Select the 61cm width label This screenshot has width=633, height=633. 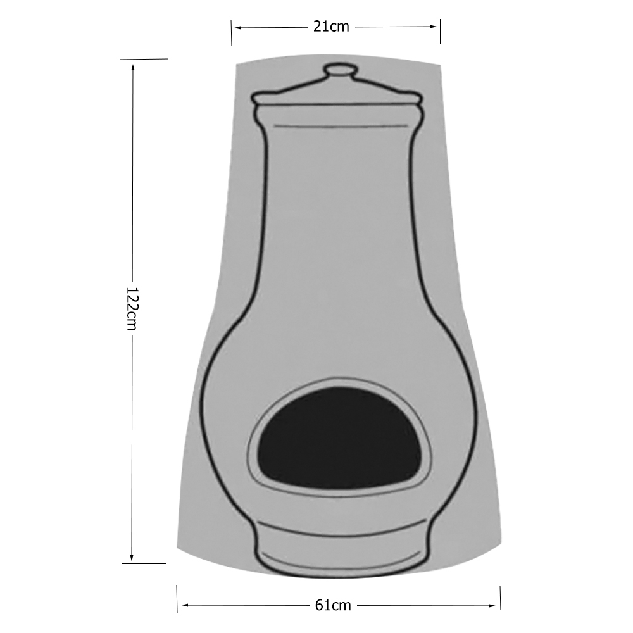333,605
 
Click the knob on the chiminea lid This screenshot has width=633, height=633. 338,70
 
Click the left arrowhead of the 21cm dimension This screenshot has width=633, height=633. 237,27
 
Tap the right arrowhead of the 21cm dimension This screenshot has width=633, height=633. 435,27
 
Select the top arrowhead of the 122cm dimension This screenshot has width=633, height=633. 132,65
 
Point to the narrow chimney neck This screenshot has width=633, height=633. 337,209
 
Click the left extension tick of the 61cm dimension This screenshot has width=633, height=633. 177,599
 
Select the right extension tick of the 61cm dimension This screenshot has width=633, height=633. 501,599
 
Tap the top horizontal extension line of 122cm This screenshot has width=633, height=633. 144,59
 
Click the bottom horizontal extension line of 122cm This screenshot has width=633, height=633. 144,563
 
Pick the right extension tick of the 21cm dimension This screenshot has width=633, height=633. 440,32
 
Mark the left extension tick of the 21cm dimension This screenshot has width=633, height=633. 232,32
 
